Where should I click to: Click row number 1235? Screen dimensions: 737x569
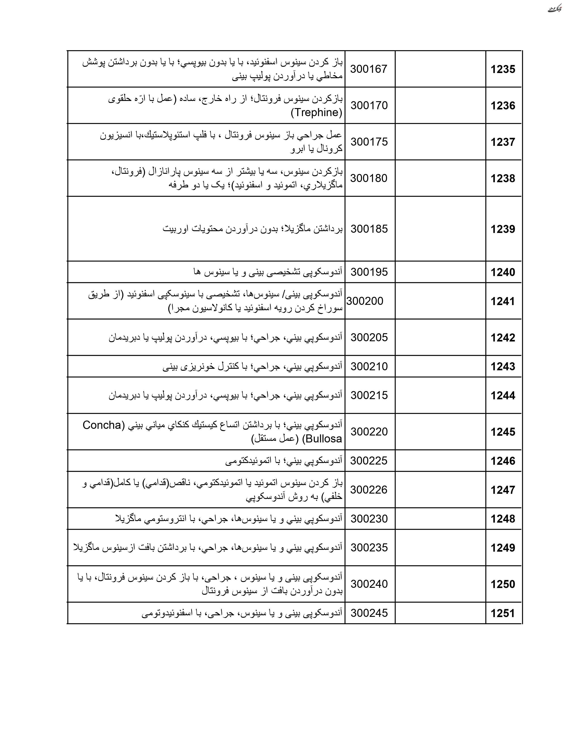(503, 69)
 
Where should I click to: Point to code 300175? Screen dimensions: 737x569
(369, 142)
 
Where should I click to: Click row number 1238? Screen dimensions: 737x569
(503, 178)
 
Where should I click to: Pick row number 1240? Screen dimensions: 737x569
(503, 272)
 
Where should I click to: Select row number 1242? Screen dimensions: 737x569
(503, 337)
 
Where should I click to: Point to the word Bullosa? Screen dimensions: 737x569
(324, 439)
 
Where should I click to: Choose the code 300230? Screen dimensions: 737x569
(369, 518)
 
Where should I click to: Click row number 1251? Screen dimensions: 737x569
(503, 613)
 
